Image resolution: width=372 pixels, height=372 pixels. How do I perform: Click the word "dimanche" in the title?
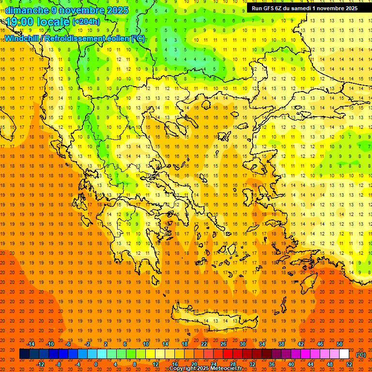(27, 10)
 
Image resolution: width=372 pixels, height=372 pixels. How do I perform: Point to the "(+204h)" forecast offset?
(86, 21)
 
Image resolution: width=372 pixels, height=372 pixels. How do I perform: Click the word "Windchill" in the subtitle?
(22, 38)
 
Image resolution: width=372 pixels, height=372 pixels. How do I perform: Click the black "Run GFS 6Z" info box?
(304, 8)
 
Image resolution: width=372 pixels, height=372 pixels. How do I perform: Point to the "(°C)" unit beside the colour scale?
(361, 355)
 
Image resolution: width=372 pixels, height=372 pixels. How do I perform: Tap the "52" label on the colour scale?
(349, 364)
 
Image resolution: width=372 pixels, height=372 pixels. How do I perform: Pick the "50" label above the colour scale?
(340, 344)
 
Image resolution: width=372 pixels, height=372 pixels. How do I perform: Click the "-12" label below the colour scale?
(40, 364)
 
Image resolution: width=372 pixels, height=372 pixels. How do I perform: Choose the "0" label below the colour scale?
(95, 364)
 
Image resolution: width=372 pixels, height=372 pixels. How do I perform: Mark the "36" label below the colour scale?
(272, 364)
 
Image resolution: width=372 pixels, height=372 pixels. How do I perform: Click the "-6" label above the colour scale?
(68, 344)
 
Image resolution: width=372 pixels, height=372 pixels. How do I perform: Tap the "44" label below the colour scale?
(310, 364)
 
